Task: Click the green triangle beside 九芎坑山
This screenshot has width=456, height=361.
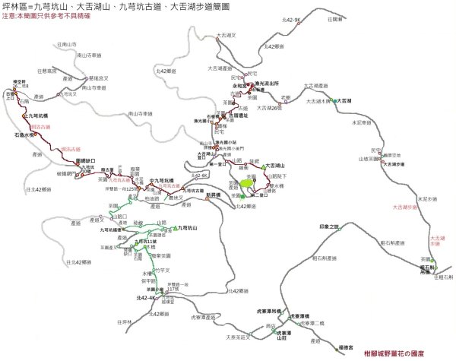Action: pos(176,228)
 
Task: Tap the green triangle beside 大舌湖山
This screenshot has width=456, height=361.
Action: pos(263,166)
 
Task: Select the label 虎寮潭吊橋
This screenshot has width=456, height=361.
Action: pos(269,311)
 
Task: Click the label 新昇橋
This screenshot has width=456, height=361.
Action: pos(214,194)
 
